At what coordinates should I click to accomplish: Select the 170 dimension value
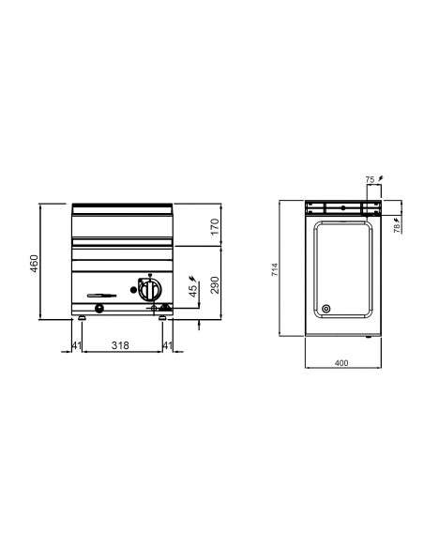[x=215, y=226]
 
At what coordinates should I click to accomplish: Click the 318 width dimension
[x=120, y=346]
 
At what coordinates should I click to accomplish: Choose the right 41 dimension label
[x=167, y=346]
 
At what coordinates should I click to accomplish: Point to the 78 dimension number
[x=397, y=228]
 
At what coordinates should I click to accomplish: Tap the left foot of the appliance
[x=83, y=318]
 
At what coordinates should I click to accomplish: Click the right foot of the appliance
[x=163, y=318]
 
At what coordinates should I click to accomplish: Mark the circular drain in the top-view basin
[x=326, y=309]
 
